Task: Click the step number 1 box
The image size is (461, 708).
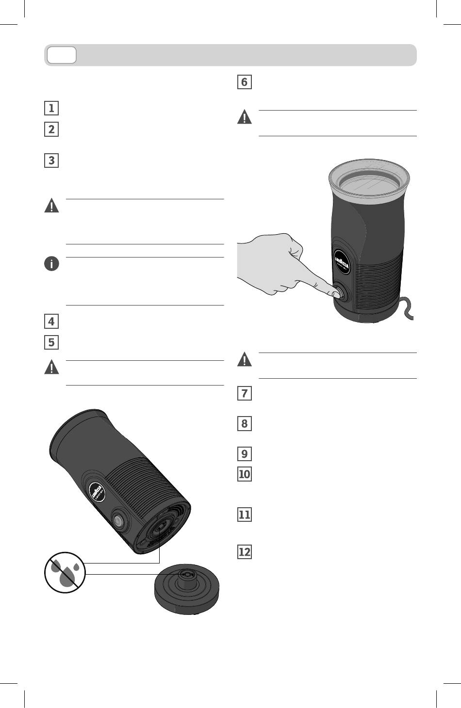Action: pyautogui.click(x=51, y=108)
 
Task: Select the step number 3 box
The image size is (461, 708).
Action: pyautogui.click(x=51, y=161)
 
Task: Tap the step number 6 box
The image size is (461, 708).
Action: pyautogui.click(x=244, y=82)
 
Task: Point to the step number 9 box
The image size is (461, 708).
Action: pyautogui.click(x=244, y=454)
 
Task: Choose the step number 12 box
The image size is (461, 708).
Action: pyautogui.click(x=244, y=552)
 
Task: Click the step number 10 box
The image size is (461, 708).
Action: pyautogui.click(x=244, y=474)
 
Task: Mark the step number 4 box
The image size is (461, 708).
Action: pyautogui.click(x=51, y=321)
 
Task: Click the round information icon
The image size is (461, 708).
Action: pyautogui.click(x=51, y=264)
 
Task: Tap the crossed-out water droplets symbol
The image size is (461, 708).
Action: pyautogui.click(x=65, y=572)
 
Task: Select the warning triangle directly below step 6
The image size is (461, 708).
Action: pyautogui.click(x=244, y=117)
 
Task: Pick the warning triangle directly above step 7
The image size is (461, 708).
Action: pyautogui.click(x=244, y=360)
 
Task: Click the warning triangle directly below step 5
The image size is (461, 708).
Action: pyautogui.click(x=51, y=368)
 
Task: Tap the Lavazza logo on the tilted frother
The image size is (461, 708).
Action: pyautogui.click(x=99, y=490)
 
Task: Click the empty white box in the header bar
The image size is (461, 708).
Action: pyautogui.click(x=62, y=55)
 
